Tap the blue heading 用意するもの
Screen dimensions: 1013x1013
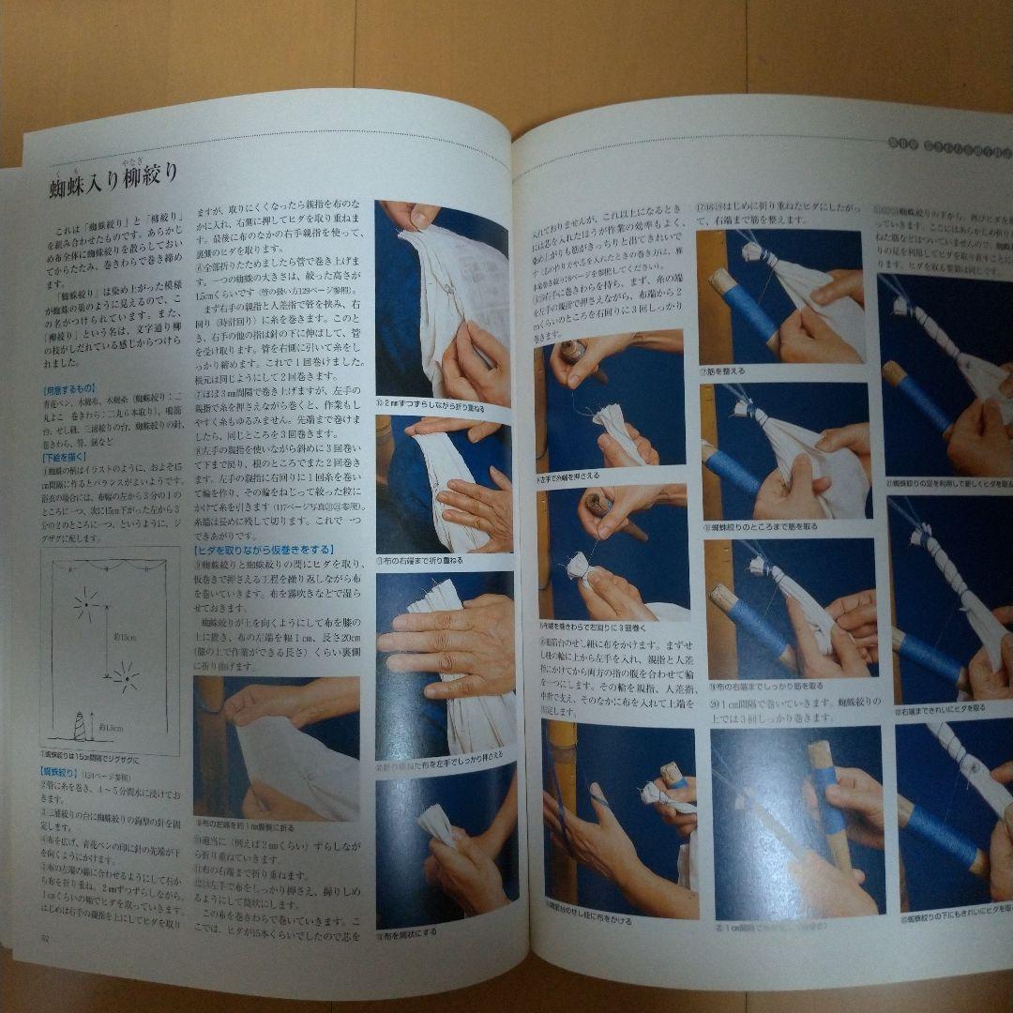pyautogui.click(x=69, y=387)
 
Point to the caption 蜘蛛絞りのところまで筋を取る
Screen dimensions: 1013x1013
pyautogui.click(x=756, y=527)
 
